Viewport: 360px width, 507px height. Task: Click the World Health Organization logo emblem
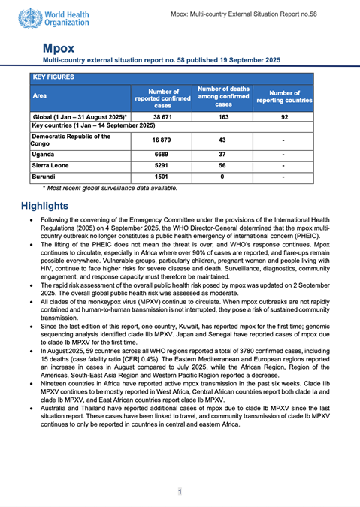tap(32, 17)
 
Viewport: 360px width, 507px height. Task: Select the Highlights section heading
tap(44, 205)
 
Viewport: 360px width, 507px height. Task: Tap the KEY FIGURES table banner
tap(53, 77)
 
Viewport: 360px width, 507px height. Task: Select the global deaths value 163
tap(223, 118)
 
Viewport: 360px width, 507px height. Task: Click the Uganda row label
tap(44, 152)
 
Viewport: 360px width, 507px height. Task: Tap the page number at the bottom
tap(180, 491)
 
